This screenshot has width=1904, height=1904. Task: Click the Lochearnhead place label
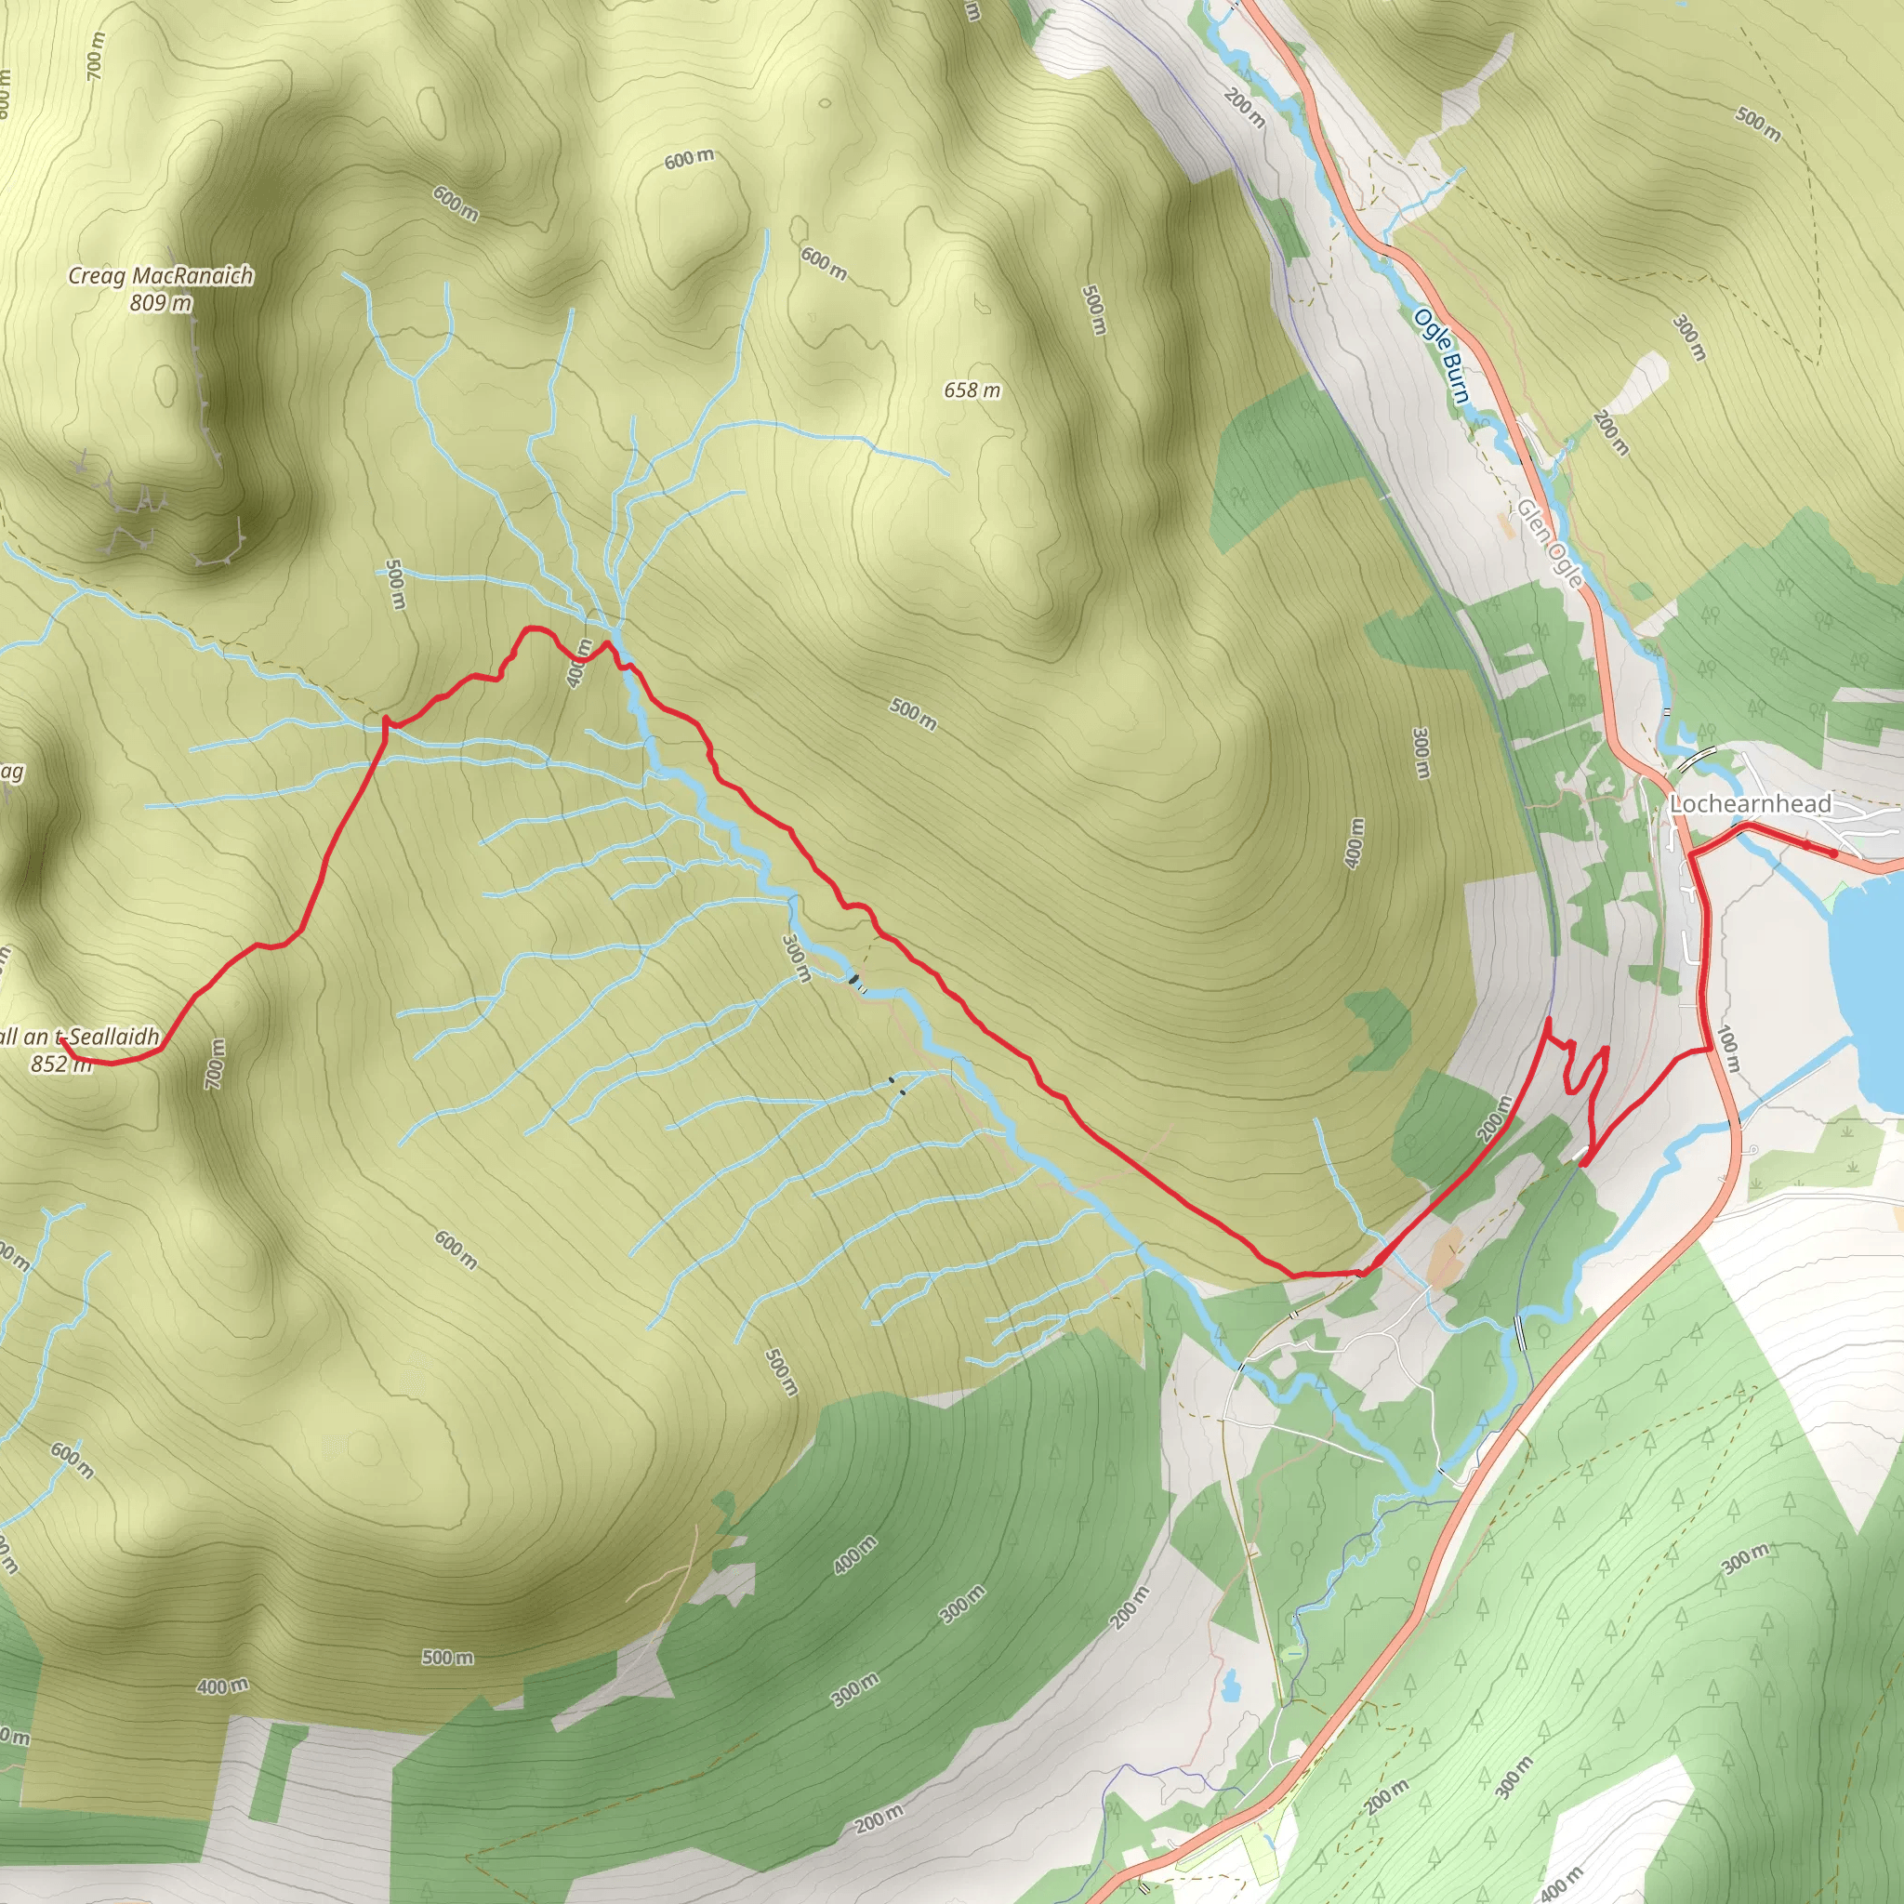[1751, 804]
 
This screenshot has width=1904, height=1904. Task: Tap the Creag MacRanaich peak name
[161, 276]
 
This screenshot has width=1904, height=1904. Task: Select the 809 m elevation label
[161, 303]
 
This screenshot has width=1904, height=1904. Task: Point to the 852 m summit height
[61, 1064]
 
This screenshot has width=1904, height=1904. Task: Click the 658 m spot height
[972, 391]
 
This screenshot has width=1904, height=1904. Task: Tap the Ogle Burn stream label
[1442, 356]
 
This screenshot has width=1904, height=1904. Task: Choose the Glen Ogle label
[1549, 543]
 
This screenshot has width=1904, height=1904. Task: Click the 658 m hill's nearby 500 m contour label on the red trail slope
[914, 713]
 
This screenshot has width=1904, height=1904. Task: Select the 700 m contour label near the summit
[216, 1065]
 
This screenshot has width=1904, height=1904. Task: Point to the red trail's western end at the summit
[61, 1039]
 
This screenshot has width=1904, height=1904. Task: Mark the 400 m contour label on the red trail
[578, 662]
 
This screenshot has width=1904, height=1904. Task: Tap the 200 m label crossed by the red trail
[1494, 1118]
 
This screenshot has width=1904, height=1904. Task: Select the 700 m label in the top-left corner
[95, 55]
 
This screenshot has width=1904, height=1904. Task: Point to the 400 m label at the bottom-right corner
[1560, 1881]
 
